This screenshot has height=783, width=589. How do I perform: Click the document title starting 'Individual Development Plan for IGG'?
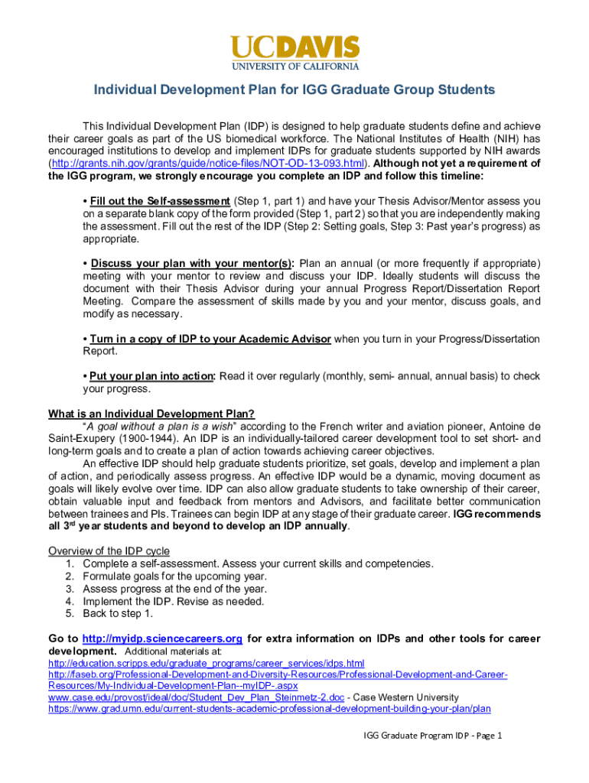pos(294,90)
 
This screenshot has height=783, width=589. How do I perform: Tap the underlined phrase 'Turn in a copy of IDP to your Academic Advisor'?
pos(210,339)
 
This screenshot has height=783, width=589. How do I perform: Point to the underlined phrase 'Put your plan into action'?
pos(152,376)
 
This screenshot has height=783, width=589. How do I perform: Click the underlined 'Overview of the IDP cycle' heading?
pos(109,551)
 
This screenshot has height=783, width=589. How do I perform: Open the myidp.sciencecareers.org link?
pos(162,638)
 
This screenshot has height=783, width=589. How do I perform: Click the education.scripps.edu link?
pos(206,663)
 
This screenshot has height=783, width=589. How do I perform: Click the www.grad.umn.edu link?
pos(269,709)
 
